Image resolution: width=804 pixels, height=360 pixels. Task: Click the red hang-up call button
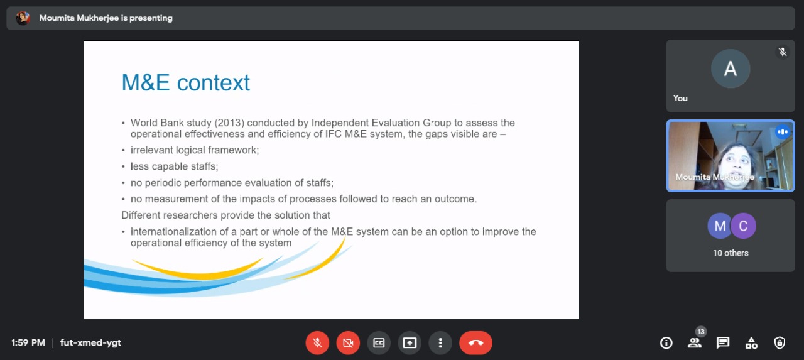[x=475, y=343]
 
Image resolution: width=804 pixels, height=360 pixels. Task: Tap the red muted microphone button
[x=317, y=343]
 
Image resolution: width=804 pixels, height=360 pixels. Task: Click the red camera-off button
[x=348, y=343]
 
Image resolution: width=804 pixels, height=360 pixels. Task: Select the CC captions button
[x=379, y=343]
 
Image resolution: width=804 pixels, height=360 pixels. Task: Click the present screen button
[x=410, y=343]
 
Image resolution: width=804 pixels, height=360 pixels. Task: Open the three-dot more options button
[x=440, y=343]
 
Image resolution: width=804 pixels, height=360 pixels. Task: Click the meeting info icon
[x=666, y=343]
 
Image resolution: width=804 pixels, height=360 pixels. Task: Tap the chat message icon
[x=723, y=343]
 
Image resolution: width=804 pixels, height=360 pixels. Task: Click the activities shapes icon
[x=751, y=343]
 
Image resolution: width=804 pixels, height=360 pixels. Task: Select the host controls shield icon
[x=780, y=343]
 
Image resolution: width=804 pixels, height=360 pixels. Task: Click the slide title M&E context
[x=185, y=82]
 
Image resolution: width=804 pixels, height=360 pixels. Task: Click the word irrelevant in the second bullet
[x=152, y=150]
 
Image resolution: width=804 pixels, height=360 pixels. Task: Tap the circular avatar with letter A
[x=731, y=68]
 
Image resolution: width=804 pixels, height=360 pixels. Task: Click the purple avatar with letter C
[x=743, y=226]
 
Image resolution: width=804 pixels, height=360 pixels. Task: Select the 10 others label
[x=731, y=253]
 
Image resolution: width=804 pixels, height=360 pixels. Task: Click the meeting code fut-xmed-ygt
[x=91, y=343]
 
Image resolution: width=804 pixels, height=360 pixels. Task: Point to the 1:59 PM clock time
[x=28, y=343]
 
